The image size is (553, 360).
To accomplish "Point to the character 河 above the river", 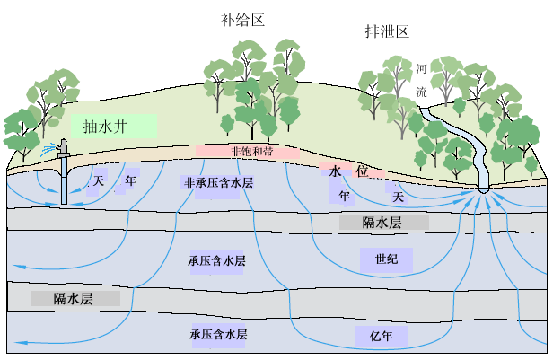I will pyautogui.click(x=422, y=69).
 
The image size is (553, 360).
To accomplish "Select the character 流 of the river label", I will pyautogui.click(x=422, y=91).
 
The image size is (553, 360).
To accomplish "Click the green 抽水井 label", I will pyautogui.click(x=113, y=126).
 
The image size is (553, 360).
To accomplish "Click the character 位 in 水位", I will pyautogui.click(x=364, y=171).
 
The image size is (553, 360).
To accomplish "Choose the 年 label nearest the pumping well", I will pyautogui.click(x=130, y=180).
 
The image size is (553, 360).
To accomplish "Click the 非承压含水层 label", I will pyautogui.click(x=218, y=182).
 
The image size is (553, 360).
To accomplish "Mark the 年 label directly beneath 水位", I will pyautogui.click(x=345, y=195).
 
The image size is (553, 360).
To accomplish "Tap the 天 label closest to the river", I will pyautogui.click(x=398, y=195).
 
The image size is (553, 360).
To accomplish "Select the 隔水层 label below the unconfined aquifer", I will pyautogui.click(x=382, y=222).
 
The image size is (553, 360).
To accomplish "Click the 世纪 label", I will pyautogui.click(x=386, y=260).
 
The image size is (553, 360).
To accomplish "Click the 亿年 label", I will pyautogui.click(x=382, y=337).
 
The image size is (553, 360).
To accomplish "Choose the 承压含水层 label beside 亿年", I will pyautogui.click(x=218, y=334).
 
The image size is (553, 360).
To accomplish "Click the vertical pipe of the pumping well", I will pyautogui.click(x=64, y=175).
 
